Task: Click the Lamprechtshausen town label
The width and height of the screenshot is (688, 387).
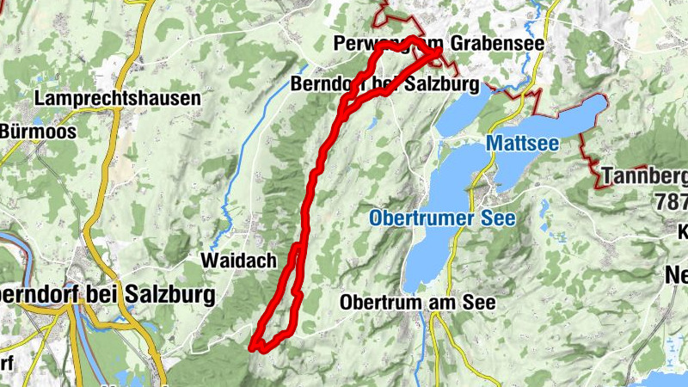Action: pyautogui.click(x=117, y=99)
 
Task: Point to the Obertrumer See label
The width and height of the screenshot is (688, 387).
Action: pyautogui.click(x=442, y=218)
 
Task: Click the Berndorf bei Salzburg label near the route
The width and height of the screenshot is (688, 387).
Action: pyautogui.click(x=384, y=85)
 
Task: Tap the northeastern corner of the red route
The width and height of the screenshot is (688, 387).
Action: pyautogui.click(x=439, y=54)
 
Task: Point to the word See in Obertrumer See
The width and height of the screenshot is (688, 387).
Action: pyautogui.click(x=498, y=218)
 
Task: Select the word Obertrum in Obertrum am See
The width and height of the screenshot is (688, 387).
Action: pyautogui.click(x=378, y=304)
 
